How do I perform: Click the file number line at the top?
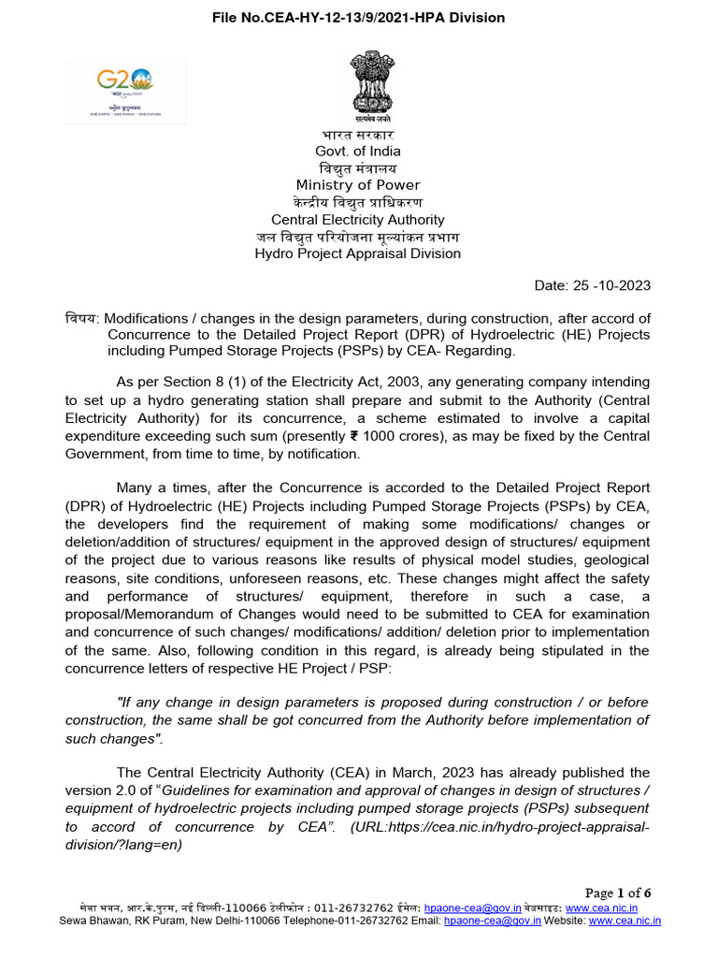point(358,17)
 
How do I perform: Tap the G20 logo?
point(125,91)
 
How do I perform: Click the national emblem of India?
point(372,87)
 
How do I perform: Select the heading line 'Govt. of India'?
point(357,152)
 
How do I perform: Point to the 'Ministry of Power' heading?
point(358,185)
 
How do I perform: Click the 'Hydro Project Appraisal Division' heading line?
point(358,254)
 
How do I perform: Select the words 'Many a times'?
point(160,488)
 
